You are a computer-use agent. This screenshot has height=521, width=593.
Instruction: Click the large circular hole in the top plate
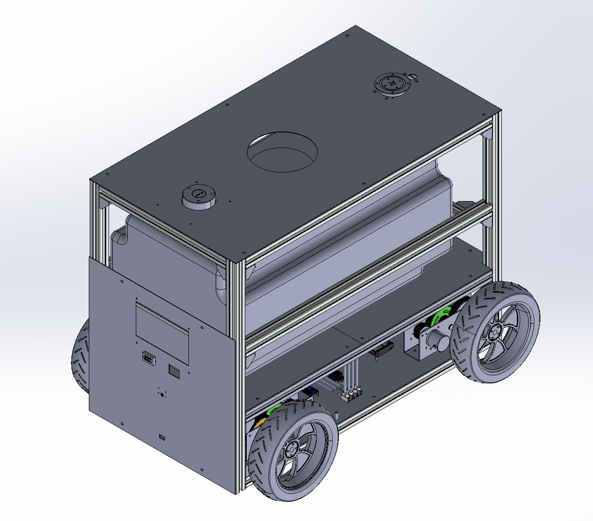click(x=282, y=153)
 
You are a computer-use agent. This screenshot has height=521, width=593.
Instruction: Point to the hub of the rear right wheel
click(x=494, y=332)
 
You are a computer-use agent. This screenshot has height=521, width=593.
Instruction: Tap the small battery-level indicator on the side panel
click(x=148, y=359)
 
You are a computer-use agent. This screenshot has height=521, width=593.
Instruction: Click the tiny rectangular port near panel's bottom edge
click(x=162, y=437)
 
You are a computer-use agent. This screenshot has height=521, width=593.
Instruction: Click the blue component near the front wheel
click(x=310, y=391)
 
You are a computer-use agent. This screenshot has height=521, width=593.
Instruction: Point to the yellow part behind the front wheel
click(x=258, y=424)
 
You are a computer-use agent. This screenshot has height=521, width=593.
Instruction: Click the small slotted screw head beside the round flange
click(x=413, y=77)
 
